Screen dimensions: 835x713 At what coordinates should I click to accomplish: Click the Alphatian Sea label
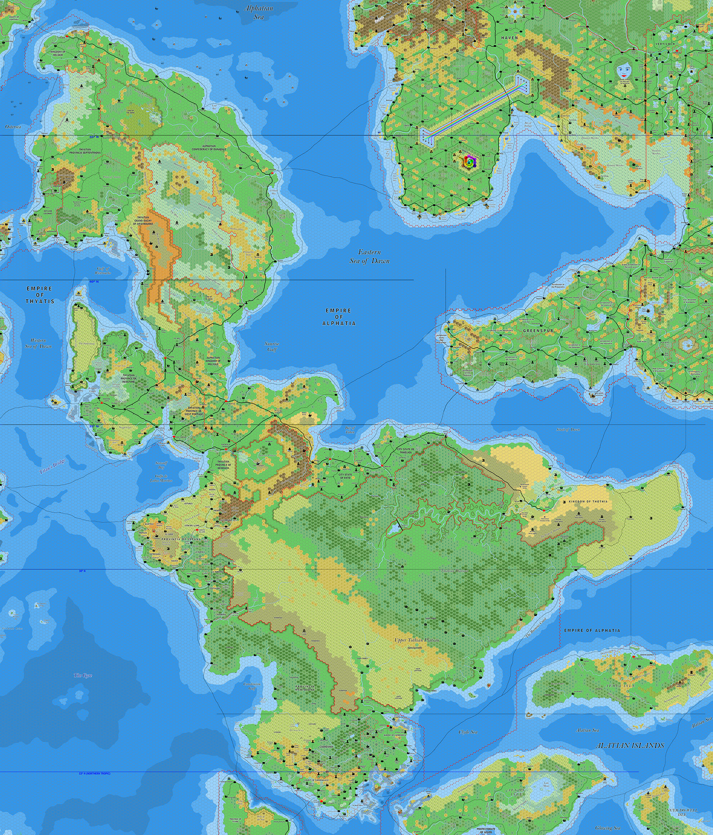pos(258,12)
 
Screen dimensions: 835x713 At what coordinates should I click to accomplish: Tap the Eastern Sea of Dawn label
pos(370,256)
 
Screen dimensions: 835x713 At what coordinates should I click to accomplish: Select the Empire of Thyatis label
pos(40,295)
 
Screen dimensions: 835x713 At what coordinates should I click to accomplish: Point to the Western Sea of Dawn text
pos(38,343)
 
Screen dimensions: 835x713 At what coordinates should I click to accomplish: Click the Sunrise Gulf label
pos(272,346)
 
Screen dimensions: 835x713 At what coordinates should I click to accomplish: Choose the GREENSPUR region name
pos(538,330)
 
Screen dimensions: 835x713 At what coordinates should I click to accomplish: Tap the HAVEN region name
pos(510,37)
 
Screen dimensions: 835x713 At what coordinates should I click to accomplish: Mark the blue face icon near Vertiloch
pos(624,71)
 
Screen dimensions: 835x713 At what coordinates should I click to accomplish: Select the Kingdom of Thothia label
pos(588,501)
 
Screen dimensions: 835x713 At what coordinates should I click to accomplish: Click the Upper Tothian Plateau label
pos(417,639)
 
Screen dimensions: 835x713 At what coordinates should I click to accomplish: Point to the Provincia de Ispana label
pos(181,539)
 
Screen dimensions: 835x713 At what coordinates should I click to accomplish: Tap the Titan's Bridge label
pos(52,466)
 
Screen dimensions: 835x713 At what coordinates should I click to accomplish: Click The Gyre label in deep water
pos(83,675)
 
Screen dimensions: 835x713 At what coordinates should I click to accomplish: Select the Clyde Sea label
pos(468,732)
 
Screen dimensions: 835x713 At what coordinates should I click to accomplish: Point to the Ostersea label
pos(13,127)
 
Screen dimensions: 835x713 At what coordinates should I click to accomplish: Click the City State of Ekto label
pos(345,476)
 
